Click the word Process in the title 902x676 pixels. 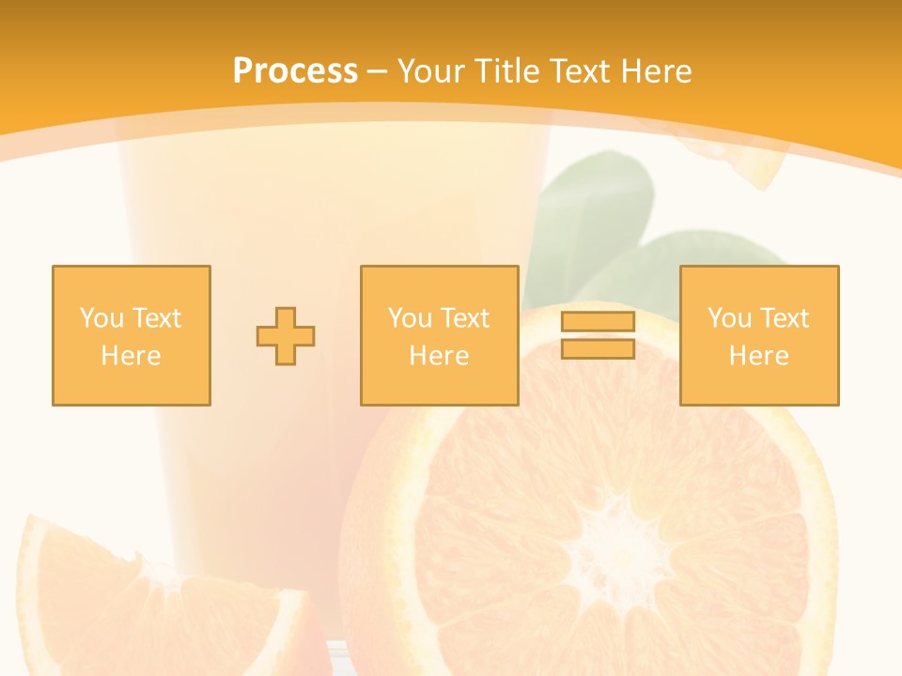(295, 71)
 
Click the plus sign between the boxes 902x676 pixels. (286, 336)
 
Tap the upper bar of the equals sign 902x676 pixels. (598, 322)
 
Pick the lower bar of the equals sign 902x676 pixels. (598, 348)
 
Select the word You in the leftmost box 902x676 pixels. (101, 318)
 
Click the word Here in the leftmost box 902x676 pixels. (131, 356)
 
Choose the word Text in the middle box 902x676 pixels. (465, 318)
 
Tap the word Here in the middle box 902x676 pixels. (439, 356)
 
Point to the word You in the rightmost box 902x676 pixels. (729, 318)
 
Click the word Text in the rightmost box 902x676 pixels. (785, 318)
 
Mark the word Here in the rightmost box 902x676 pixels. (758, 356)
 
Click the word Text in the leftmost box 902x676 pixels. (157, 318)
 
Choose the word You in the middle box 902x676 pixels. (410, 318)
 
